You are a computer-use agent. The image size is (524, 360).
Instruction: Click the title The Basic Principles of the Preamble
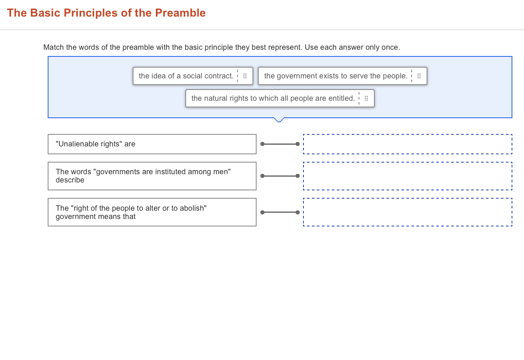(106, 13)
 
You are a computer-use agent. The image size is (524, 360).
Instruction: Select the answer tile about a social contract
(186, 76)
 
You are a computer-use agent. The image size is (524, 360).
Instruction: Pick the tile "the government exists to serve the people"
(335, 76)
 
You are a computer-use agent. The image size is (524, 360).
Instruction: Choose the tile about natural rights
(273, 98)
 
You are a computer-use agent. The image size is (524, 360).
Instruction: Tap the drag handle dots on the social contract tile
(245, 76)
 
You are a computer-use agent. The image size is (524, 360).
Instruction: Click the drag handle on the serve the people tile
(419, 76)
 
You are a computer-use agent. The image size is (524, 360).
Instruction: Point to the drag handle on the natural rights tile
(366, 98)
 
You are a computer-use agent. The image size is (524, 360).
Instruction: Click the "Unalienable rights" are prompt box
(152, 144)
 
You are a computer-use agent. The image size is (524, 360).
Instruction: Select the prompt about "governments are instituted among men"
(152, 176)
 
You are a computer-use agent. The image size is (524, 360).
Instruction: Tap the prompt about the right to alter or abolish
(152, 212)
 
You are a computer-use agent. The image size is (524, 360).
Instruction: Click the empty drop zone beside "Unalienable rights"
(408, 144)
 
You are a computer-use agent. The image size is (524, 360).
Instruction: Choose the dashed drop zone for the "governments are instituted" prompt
(408, 176)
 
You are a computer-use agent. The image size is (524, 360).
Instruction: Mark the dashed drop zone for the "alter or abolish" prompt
(408, 212)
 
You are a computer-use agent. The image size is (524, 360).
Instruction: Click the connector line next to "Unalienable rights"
(280, 144)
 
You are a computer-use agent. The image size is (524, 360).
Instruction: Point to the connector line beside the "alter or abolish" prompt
(280, 212)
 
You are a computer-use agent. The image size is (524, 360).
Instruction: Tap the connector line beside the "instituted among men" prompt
(280, 176)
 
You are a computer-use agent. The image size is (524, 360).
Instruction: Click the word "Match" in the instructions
(54, 47)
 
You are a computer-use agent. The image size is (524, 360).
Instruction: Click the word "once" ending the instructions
(390, 47)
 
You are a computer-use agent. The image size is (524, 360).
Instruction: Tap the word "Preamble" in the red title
(180, 13)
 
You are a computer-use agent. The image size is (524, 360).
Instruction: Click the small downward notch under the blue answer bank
(279, 120)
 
